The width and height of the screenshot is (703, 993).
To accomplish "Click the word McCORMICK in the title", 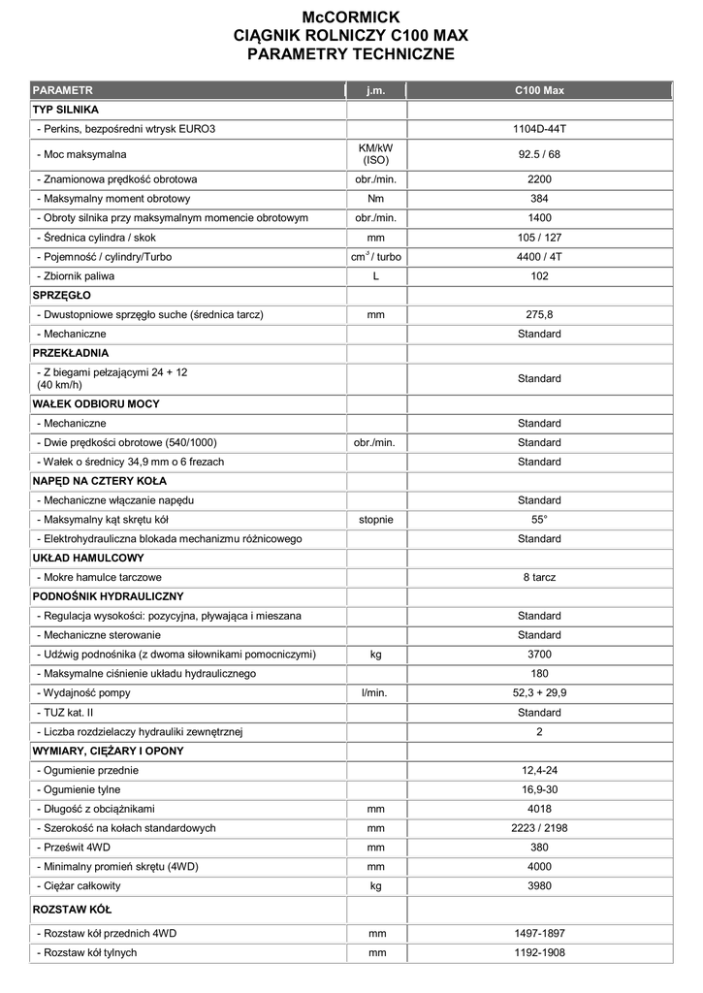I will coord(351,16).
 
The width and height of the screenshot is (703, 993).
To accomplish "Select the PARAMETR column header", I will coord(63,90).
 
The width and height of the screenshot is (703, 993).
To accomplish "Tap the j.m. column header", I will coord(376,90).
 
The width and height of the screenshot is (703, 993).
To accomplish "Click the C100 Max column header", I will coord(539,90).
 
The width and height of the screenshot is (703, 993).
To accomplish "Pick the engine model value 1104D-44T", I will coord(539,128).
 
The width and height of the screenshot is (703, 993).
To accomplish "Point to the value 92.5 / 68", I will coord(539,153).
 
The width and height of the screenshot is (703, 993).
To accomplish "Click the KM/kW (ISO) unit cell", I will coord(376,153).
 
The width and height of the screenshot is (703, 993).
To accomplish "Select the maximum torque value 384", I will coord(539,199).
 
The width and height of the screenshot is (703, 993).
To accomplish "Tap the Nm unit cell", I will coord(376,199).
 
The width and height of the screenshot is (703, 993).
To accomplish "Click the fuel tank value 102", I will coord(539,276).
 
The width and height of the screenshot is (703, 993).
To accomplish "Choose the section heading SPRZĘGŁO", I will coord(62,295).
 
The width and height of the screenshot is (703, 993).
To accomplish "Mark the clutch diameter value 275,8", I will coord(539,314).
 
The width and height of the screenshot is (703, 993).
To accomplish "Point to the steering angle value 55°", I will coord(539,519).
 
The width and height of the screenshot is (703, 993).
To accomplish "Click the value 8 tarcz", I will coord(539,577).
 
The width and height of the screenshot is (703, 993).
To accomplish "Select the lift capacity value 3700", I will coord(539,655).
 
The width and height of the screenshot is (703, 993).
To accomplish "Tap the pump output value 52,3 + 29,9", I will coord(539,693).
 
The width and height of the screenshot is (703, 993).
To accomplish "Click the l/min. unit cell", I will coord(376,693).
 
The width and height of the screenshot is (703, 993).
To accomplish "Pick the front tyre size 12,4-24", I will coord(539,770).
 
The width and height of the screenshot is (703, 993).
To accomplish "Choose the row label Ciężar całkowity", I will coord(80,885).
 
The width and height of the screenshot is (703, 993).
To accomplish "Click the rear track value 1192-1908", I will coord(539,952).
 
